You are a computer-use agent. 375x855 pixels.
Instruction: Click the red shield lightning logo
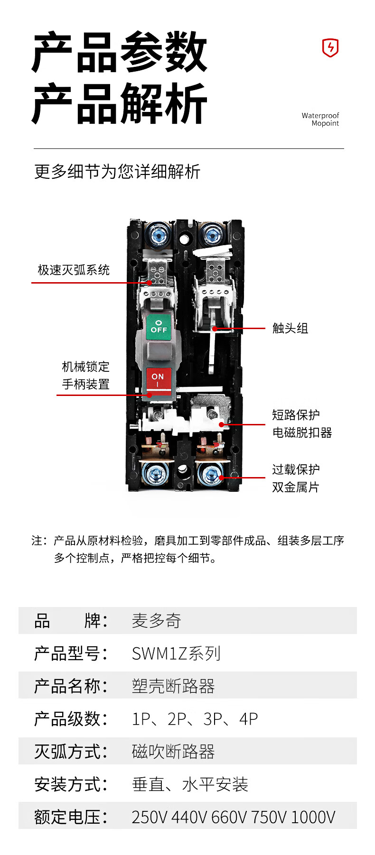(x=330, y=48)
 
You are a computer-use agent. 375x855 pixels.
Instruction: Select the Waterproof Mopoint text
(x=320, y=120)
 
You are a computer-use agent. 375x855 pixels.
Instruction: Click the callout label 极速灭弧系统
(x=74, y=270)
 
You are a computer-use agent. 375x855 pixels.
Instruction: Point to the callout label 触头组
(x=290, y=328)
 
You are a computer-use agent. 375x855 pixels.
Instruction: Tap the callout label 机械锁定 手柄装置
(x=85, y=375)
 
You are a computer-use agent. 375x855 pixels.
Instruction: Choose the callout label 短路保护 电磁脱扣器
(x=302, y=423)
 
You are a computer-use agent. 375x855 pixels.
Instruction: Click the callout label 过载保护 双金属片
(x=296, y=478)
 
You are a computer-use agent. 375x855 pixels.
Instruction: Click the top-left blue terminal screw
(x=157, y=234)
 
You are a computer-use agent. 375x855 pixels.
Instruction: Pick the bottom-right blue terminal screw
(x=209, y=474)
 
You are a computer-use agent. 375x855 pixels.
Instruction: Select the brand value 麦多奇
(x=156, y=621)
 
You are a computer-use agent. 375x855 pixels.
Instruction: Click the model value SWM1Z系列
(x=176, y=653)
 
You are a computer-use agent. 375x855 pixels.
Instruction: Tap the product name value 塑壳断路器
(x=173, y=686)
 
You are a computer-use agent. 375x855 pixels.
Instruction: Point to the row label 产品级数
(x=67, y=719)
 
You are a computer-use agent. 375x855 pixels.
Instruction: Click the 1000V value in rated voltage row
(x=313, y=817)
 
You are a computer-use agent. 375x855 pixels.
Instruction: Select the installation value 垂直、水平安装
(x=190, y=784)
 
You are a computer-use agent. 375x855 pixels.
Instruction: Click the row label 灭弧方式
(x=67, y=752)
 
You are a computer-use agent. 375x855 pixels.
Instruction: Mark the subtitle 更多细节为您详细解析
(x=117, y=172)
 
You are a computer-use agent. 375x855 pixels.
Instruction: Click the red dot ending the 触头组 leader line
(x=215, y=328)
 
